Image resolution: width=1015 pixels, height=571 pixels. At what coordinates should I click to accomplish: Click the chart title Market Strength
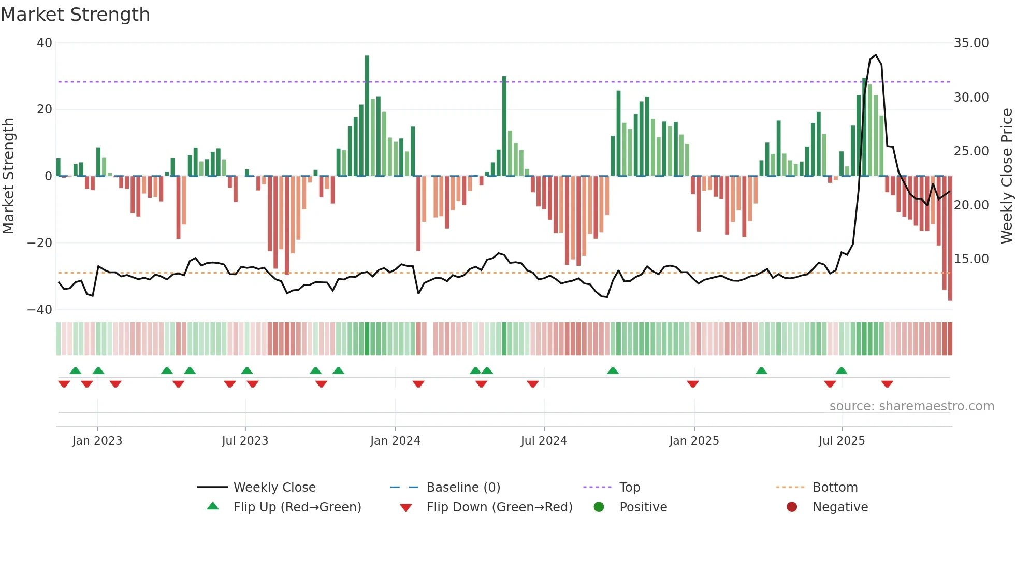(x=76, y=15)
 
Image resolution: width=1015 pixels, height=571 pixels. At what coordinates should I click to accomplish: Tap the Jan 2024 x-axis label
(x=395, y=441)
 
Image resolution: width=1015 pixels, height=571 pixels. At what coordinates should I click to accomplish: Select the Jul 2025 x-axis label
(x=842, y=441)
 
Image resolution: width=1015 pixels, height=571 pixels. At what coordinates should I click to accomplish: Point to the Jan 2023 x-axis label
(x=97, y=441)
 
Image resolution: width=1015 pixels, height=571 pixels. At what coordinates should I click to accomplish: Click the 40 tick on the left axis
(x=45, y=43)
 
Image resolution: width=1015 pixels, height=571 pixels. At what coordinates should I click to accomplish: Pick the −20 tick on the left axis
(x=40, y=243)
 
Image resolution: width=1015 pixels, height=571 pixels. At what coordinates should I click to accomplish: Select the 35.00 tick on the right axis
(x=971, y=43)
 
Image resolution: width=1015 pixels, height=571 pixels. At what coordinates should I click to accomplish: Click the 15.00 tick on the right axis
(x=971, y=259)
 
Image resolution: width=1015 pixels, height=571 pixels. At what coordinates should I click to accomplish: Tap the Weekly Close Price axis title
(x=1006, y=176)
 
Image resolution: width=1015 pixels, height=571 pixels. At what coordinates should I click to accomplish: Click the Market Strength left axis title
(x=8, y=176)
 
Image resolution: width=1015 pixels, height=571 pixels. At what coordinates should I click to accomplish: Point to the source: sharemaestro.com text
(x=911, y=406)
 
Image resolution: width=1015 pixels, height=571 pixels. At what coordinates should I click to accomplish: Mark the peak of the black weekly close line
(x=876, y=55)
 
